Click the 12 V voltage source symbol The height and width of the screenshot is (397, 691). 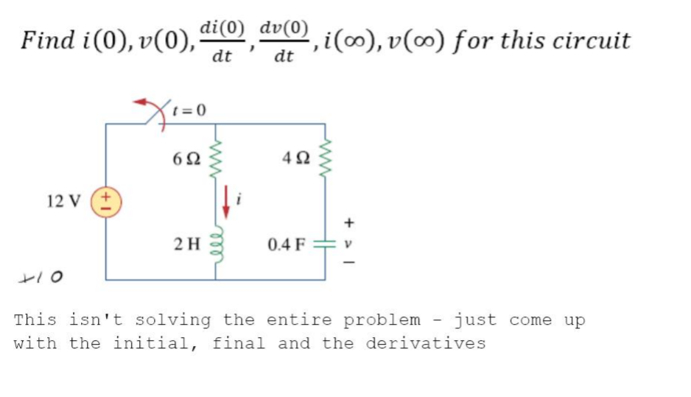[106, 203]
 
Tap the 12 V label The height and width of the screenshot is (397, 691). [64, 201]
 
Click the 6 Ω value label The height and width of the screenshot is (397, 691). [186, 158]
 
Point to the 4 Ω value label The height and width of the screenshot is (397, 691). [296, 158]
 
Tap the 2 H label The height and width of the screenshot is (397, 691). [187, 244]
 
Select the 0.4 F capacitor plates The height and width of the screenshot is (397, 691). [325, 244]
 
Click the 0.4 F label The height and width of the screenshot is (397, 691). [287, 244]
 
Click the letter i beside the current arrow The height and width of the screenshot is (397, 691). [239, 200]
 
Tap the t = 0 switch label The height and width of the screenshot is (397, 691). [189, 110]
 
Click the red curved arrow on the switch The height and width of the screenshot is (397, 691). [158, 109]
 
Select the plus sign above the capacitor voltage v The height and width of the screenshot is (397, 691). [348, 222]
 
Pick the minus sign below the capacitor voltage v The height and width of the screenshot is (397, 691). [348, 263]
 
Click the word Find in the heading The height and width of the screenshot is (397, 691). [48, 40]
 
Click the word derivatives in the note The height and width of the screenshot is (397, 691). [426, 343]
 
